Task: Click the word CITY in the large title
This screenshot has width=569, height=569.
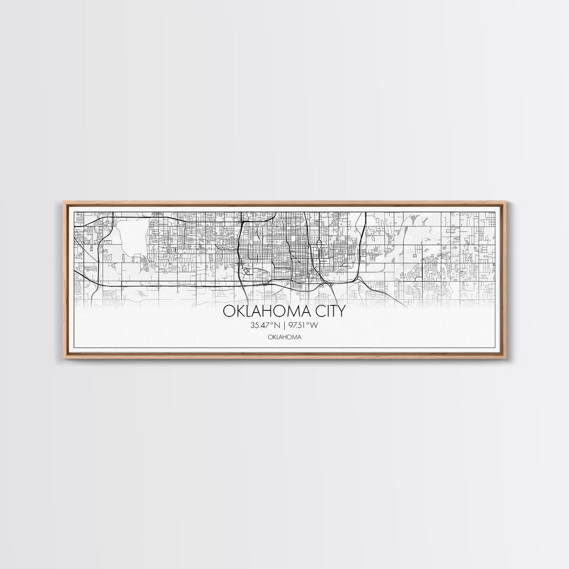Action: (329, 311)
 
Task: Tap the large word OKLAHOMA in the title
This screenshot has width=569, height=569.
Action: (266, 311)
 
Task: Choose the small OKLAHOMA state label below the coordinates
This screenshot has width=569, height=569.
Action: (284, 337)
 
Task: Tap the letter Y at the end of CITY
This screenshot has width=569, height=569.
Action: (341, 311)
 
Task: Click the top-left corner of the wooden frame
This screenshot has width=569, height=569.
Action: (61, 203)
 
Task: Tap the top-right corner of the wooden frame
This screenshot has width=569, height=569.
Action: (508, 203)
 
